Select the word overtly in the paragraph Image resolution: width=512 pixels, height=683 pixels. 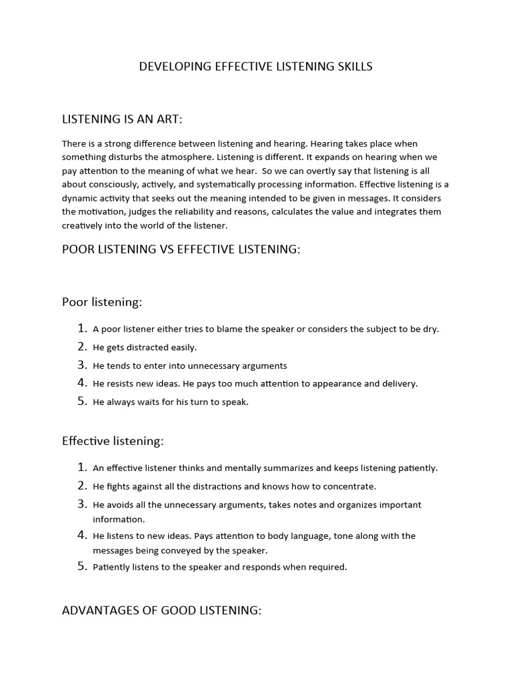coord(300,171)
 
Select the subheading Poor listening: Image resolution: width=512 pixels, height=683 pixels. coord(102,302)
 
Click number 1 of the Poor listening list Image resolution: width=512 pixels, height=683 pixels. coord(82,328)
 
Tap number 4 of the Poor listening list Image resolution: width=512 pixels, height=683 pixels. coord(82,384)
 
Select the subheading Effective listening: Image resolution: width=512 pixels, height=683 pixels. coord(113,441)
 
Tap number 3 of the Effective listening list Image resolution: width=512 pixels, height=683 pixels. coord(82,504)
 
